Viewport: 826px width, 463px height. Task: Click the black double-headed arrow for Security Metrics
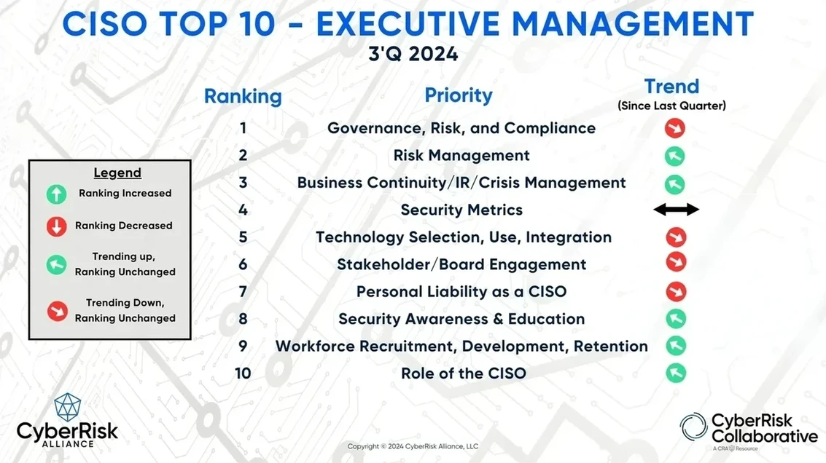pyautogui.click(x=677, y=210)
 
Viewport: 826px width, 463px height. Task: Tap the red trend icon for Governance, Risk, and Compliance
pyautogui.click(x=675, y=128)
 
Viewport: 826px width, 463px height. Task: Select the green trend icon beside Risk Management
pyautogui.click(x=675, y=156)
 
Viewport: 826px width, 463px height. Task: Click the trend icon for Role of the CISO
pyautogui.click(x=676, y=373)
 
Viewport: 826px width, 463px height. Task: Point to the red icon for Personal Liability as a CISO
pyautogui.click(x=676, y=291)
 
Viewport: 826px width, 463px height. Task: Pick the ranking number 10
pyautogui.click(x=243, y=373)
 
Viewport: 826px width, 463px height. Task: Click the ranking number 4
pyautogui.click(x=243, y=210)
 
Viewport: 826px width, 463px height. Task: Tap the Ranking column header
pyautogui.click(x=243, y=96)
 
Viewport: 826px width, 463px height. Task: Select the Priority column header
pyautogui.click(x=459, y=95)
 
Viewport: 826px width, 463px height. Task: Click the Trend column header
pyautogui.click(x=671, y=87)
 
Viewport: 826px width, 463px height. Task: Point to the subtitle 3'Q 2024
pyautogui.click(x=413, y=54)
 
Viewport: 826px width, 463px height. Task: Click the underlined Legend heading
pyautogui.click(x=117, y=173)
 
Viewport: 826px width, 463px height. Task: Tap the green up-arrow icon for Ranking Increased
pyautogui.click(x=56, y=194)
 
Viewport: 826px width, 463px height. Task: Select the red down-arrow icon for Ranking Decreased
pyautogui.click(x=56, y=226)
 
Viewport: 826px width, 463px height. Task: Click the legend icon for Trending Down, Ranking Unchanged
pyautogui.click(x=58, y=311)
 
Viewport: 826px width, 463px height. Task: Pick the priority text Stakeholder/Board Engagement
pyautogui.click(x=461, y=264)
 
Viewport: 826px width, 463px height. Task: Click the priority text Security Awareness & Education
pyautogui.click(x=461, y=319)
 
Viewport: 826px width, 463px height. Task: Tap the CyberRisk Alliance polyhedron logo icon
pyautogui.click(x=68, y=407)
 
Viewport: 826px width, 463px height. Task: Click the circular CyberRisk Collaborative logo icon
pyautogui.click(x=693, y=426)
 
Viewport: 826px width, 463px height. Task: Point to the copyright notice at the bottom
pyautogui.click(x=413, y=446)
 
